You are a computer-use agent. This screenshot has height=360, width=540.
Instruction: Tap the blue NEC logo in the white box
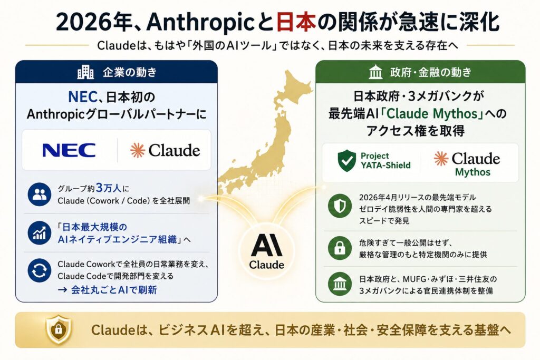coord(69,150)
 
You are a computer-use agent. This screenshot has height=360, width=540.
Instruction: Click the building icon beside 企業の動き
coord(85,72)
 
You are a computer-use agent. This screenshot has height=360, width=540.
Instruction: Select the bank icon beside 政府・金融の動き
coord(375,72)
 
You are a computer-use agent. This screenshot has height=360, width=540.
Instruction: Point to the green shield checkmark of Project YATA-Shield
coord(347,161)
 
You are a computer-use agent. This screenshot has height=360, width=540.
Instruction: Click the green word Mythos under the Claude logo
coord(472,172)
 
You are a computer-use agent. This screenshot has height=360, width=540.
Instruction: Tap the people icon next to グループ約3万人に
coord(39,194)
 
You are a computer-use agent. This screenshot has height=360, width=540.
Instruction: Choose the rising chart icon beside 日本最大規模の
coord(39,233)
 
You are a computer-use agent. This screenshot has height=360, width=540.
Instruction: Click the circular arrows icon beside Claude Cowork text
coord(39,270)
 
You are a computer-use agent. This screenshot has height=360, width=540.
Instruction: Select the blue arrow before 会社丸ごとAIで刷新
coord(62,290)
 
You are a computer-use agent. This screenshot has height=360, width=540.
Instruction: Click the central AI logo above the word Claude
coord(266,245)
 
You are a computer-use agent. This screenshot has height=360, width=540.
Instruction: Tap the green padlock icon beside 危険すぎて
coord(340,248)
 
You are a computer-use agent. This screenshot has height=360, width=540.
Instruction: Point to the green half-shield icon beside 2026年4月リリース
coord(340,206)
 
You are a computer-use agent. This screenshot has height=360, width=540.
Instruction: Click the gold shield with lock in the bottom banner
coord(59,329)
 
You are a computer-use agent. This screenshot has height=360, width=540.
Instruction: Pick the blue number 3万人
coord(109,188)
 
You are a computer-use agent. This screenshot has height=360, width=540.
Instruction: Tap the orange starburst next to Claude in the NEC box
coord(138,150)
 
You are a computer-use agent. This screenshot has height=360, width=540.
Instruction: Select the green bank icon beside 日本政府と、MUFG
coord(340,284)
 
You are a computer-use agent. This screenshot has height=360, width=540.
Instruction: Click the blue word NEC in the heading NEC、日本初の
coord(83,96)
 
